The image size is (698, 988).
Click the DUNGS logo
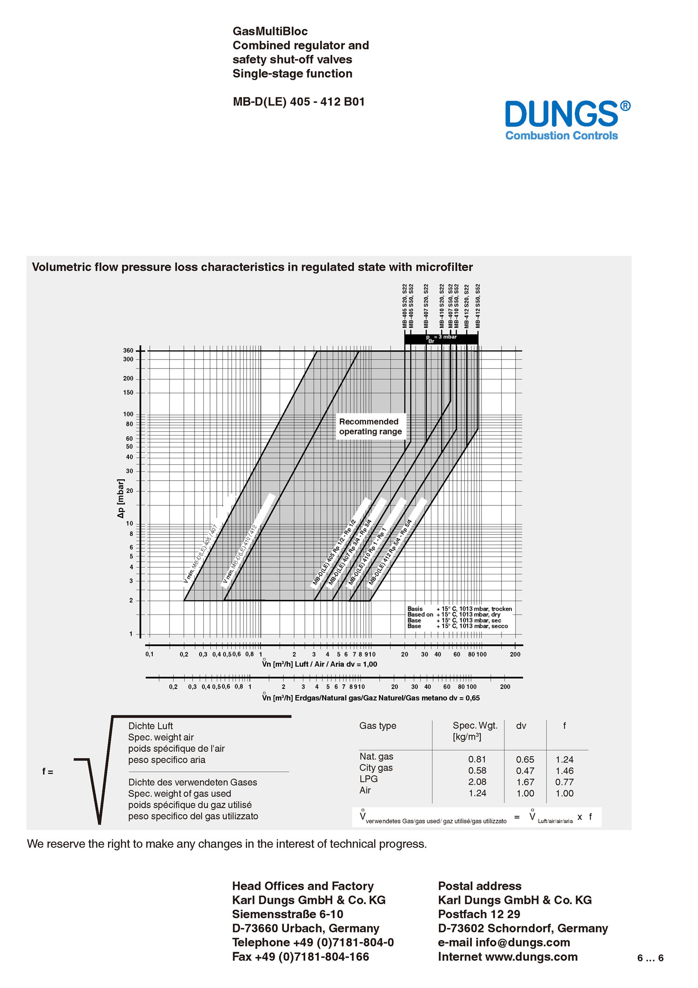(567, 120)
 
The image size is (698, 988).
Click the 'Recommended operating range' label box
(370, 426)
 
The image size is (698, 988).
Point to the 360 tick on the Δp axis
(128, 351)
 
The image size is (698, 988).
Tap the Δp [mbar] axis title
(121, 498)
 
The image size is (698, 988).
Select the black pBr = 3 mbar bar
(441, 339)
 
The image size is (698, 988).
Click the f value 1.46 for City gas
(564, 771)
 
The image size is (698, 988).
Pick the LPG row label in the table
(369, 779)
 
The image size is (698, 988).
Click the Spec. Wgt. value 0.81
(477, 759)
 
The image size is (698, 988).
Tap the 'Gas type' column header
(378, 726)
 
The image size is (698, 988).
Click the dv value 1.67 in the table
(525, 782)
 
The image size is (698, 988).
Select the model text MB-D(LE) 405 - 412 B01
(299, 102)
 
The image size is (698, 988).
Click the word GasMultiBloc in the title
(270, 31)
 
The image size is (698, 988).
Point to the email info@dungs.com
(523, 942)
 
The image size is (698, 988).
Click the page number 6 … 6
(650, 958)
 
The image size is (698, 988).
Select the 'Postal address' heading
(480, 886)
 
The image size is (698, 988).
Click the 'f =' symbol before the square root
(48, 772)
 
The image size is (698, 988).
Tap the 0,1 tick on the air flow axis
(149, 654)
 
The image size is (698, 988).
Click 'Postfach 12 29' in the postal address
(479, 914)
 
